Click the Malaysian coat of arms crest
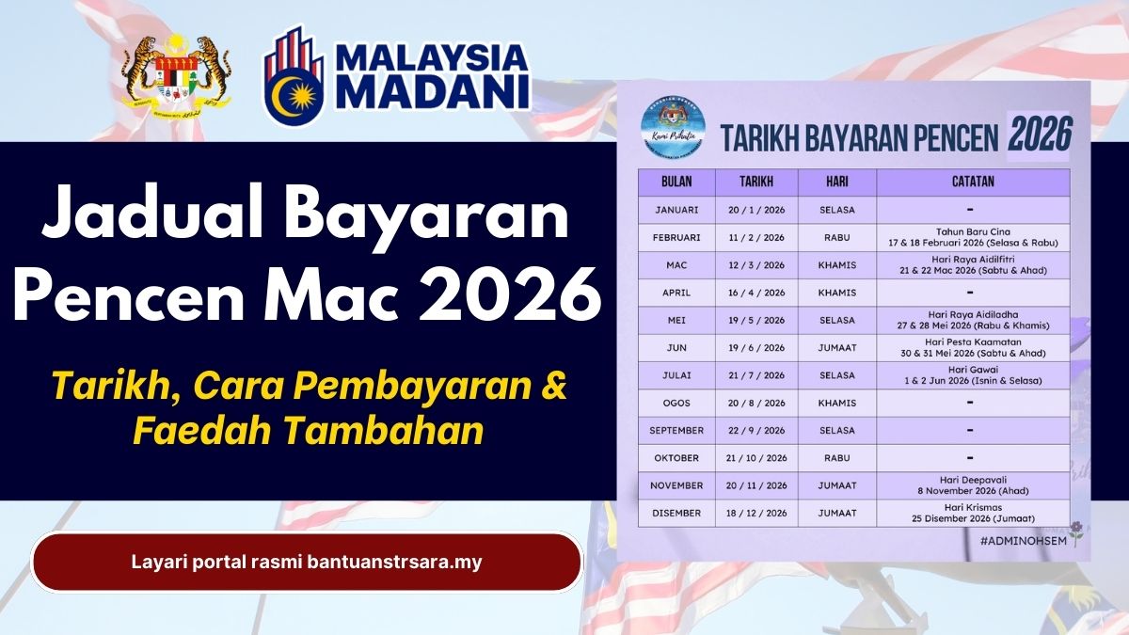point(176,75)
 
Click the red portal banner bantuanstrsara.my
point(307,563)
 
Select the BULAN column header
point(676,182)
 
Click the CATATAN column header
point(972,182)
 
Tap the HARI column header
point(836,182)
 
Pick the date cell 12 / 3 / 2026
point(756,265)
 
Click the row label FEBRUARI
point(676,237)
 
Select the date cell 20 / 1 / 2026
point(756,209)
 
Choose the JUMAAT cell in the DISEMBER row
point(836,513)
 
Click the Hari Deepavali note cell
point(972,484)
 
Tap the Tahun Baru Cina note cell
point(972,237)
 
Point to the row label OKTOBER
point(676,457)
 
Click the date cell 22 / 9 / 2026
point(756,430)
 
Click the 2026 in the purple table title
point(1040,135)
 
